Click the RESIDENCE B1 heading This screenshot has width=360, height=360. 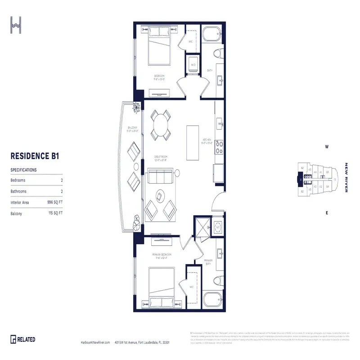point(35,156)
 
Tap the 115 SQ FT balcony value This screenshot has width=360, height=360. point(55,213)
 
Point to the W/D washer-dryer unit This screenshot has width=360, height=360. point(193,65)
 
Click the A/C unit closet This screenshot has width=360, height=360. point(218,227)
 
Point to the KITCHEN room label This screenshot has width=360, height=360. point(207,141)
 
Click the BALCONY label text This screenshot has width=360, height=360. point(132,127)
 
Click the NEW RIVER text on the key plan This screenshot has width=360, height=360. point(346,177)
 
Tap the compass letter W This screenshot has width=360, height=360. point(327,147)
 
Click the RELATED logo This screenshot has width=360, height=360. point(23,339)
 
